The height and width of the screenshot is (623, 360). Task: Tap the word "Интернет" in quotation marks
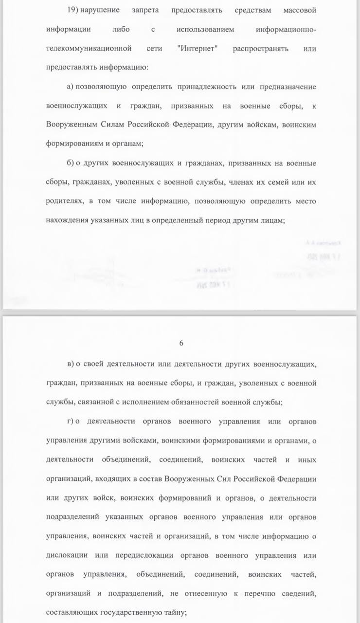click(199, 49)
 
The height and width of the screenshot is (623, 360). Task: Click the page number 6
click(181, 343)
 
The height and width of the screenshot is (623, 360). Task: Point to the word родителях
click(64, 201)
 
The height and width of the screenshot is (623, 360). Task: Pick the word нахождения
click(67, 220)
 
